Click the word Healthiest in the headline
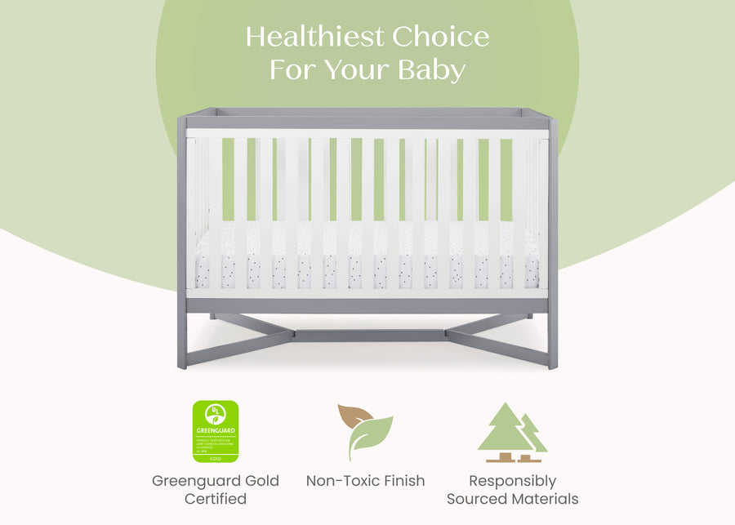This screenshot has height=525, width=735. pos(315,37)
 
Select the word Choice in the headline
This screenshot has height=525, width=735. pos(441,37)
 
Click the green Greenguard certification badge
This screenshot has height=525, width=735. pos(216,431)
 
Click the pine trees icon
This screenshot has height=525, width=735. pos(511,433)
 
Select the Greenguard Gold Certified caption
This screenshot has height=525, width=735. pos(216,489)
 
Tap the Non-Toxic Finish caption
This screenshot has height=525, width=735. pos(365,480)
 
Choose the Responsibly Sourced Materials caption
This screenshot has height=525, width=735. pos(512,489)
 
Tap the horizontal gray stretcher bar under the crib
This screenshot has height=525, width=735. pos(367,335)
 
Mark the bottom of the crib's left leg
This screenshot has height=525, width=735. pos(182,363)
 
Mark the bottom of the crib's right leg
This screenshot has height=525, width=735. pos(553,363)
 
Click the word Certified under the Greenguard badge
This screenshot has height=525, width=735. pos(216,498)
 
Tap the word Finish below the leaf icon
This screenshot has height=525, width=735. pos(400,480)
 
